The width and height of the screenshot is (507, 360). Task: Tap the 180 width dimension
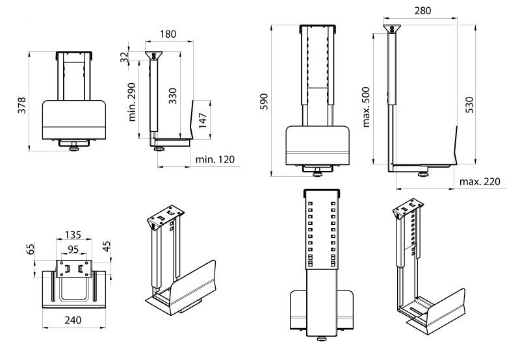169,33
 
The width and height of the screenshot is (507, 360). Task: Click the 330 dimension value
172,97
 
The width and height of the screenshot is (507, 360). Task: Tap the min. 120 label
213,159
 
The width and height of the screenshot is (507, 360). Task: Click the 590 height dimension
263,101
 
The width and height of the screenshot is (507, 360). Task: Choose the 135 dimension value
73,235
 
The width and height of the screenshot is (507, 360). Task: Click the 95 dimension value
73,248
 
